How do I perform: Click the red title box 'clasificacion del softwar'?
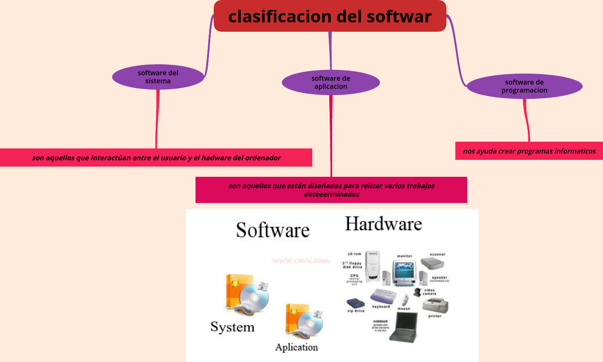(330, 16)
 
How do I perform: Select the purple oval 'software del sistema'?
(158, 77)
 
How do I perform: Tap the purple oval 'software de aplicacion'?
(330, 82)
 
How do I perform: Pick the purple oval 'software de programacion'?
(524, 86)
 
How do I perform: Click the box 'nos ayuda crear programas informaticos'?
(529, 151)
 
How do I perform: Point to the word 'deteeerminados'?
(331, 195)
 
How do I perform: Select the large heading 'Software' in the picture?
(273, 230)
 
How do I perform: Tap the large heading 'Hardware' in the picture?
(383, 224)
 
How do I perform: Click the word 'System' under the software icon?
(232, 327)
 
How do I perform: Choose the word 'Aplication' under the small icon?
(296, 347)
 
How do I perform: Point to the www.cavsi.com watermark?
(300, 261)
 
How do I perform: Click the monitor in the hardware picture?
(404, 273)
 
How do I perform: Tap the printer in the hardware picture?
(435, 305)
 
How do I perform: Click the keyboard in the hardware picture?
(383, 296)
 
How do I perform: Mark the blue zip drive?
(355, 303)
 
